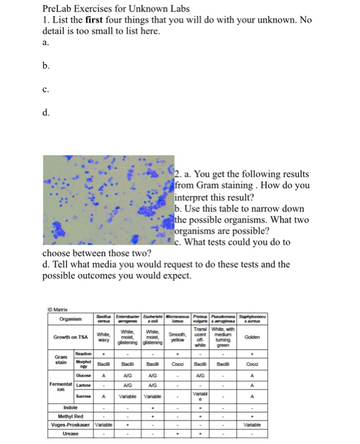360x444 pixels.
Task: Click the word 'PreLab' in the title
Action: [58, 8]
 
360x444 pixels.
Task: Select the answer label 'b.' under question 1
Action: [45, 65]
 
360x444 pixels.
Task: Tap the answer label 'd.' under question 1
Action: [45, 114]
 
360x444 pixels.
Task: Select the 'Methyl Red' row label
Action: [70, 415]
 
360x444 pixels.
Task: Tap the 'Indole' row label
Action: [70, 407]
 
